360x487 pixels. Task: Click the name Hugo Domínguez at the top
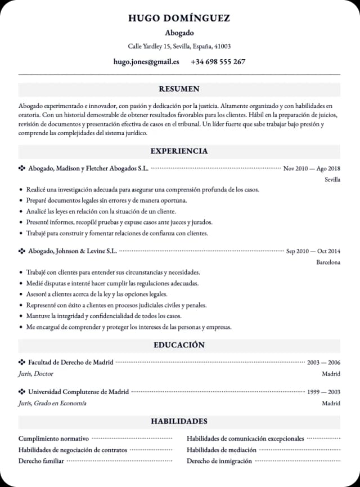coord(179,18)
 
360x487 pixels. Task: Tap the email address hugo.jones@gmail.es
coord(146,62)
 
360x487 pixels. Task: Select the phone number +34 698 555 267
coord(218,62)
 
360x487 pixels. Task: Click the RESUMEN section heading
coord(179,89)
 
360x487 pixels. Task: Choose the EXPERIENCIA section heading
coord(179,151)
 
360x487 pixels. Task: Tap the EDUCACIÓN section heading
coord(179,345)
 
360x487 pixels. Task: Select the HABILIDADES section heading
coord(179,421)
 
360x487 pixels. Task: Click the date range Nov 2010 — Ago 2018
coord(312,168)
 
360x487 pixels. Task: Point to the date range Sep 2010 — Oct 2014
coord(313,251)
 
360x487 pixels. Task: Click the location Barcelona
coord(328,262)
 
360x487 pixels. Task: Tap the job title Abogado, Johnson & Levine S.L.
coord(73,251)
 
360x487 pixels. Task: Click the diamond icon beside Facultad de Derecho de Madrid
coord(22,362)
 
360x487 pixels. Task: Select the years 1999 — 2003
coord(323,392)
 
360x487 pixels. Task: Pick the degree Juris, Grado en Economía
coord(52,403)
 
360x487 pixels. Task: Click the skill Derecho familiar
coord(41,461)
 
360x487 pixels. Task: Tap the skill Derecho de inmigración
coord(219,461)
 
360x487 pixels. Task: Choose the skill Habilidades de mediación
coord(222,450)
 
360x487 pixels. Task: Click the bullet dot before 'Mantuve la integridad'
coord(21,316)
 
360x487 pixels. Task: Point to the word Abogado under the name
coord(179,33)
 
